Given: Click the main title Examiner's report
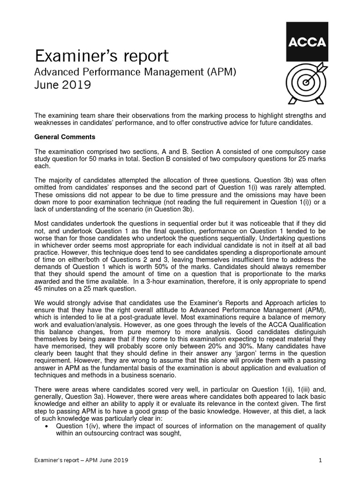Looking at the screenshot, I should click(x=102, y=56).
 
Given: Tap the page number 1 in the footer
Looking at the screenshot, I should click(x=320, y=460).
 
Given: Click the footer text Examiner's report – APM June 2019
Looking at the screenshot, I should click(x=81, y=460).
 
